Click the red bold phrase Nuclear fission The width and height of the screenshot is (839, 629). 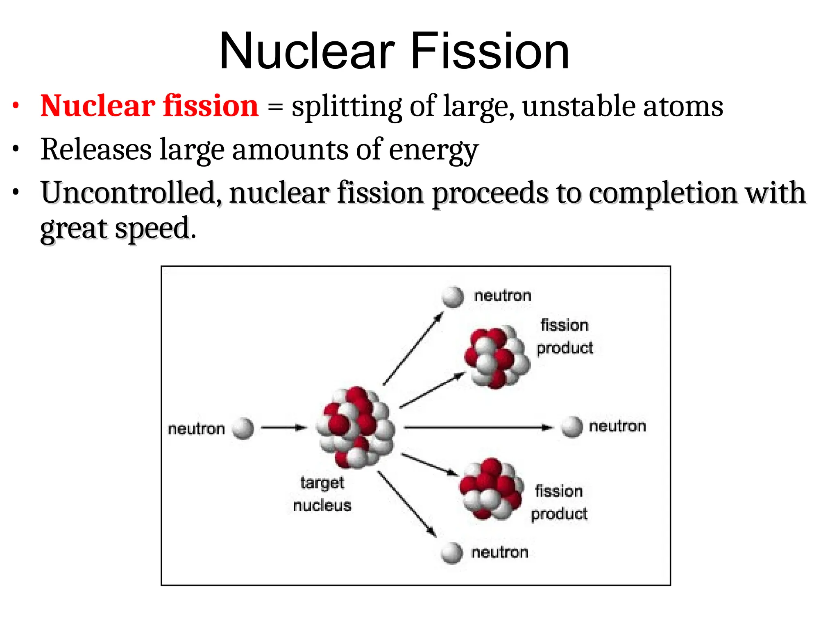pos(150,106)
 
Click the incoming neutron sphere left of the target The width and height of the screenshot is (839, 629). pos(243,428)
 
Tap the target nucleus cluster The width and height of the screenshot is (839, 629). pos(355,427)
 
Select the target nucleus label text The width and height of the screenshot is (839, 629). pos(322,494)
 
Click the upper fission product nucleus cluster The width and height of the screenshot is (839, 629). pos(497,357)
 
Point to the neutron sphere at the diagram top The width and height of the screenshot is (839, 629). pos(453,296)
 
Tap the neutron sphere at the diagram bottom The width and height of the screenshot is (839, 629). pos(452,553)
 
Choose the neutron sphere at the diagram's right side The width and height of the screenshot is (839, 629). pos(571,427)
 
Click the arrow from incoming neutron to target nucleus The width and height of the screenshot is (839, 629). pos(283,428)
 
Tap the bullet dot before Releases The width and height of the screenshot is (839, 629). pos(16,149)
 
